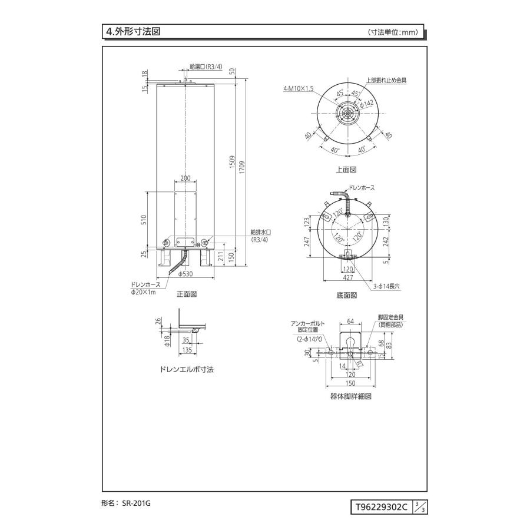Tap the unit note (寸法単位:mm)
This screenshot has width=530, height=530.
click(393, 33)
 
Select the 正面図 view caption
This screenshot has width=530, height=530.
click(186, 293)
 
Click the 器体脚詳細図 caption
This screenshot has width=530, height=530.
click(350, 396)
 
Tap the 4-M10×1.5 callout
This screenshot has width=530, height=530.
click(299, 88)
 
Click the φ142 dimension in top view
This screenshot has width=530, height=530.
click(367, 104)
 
